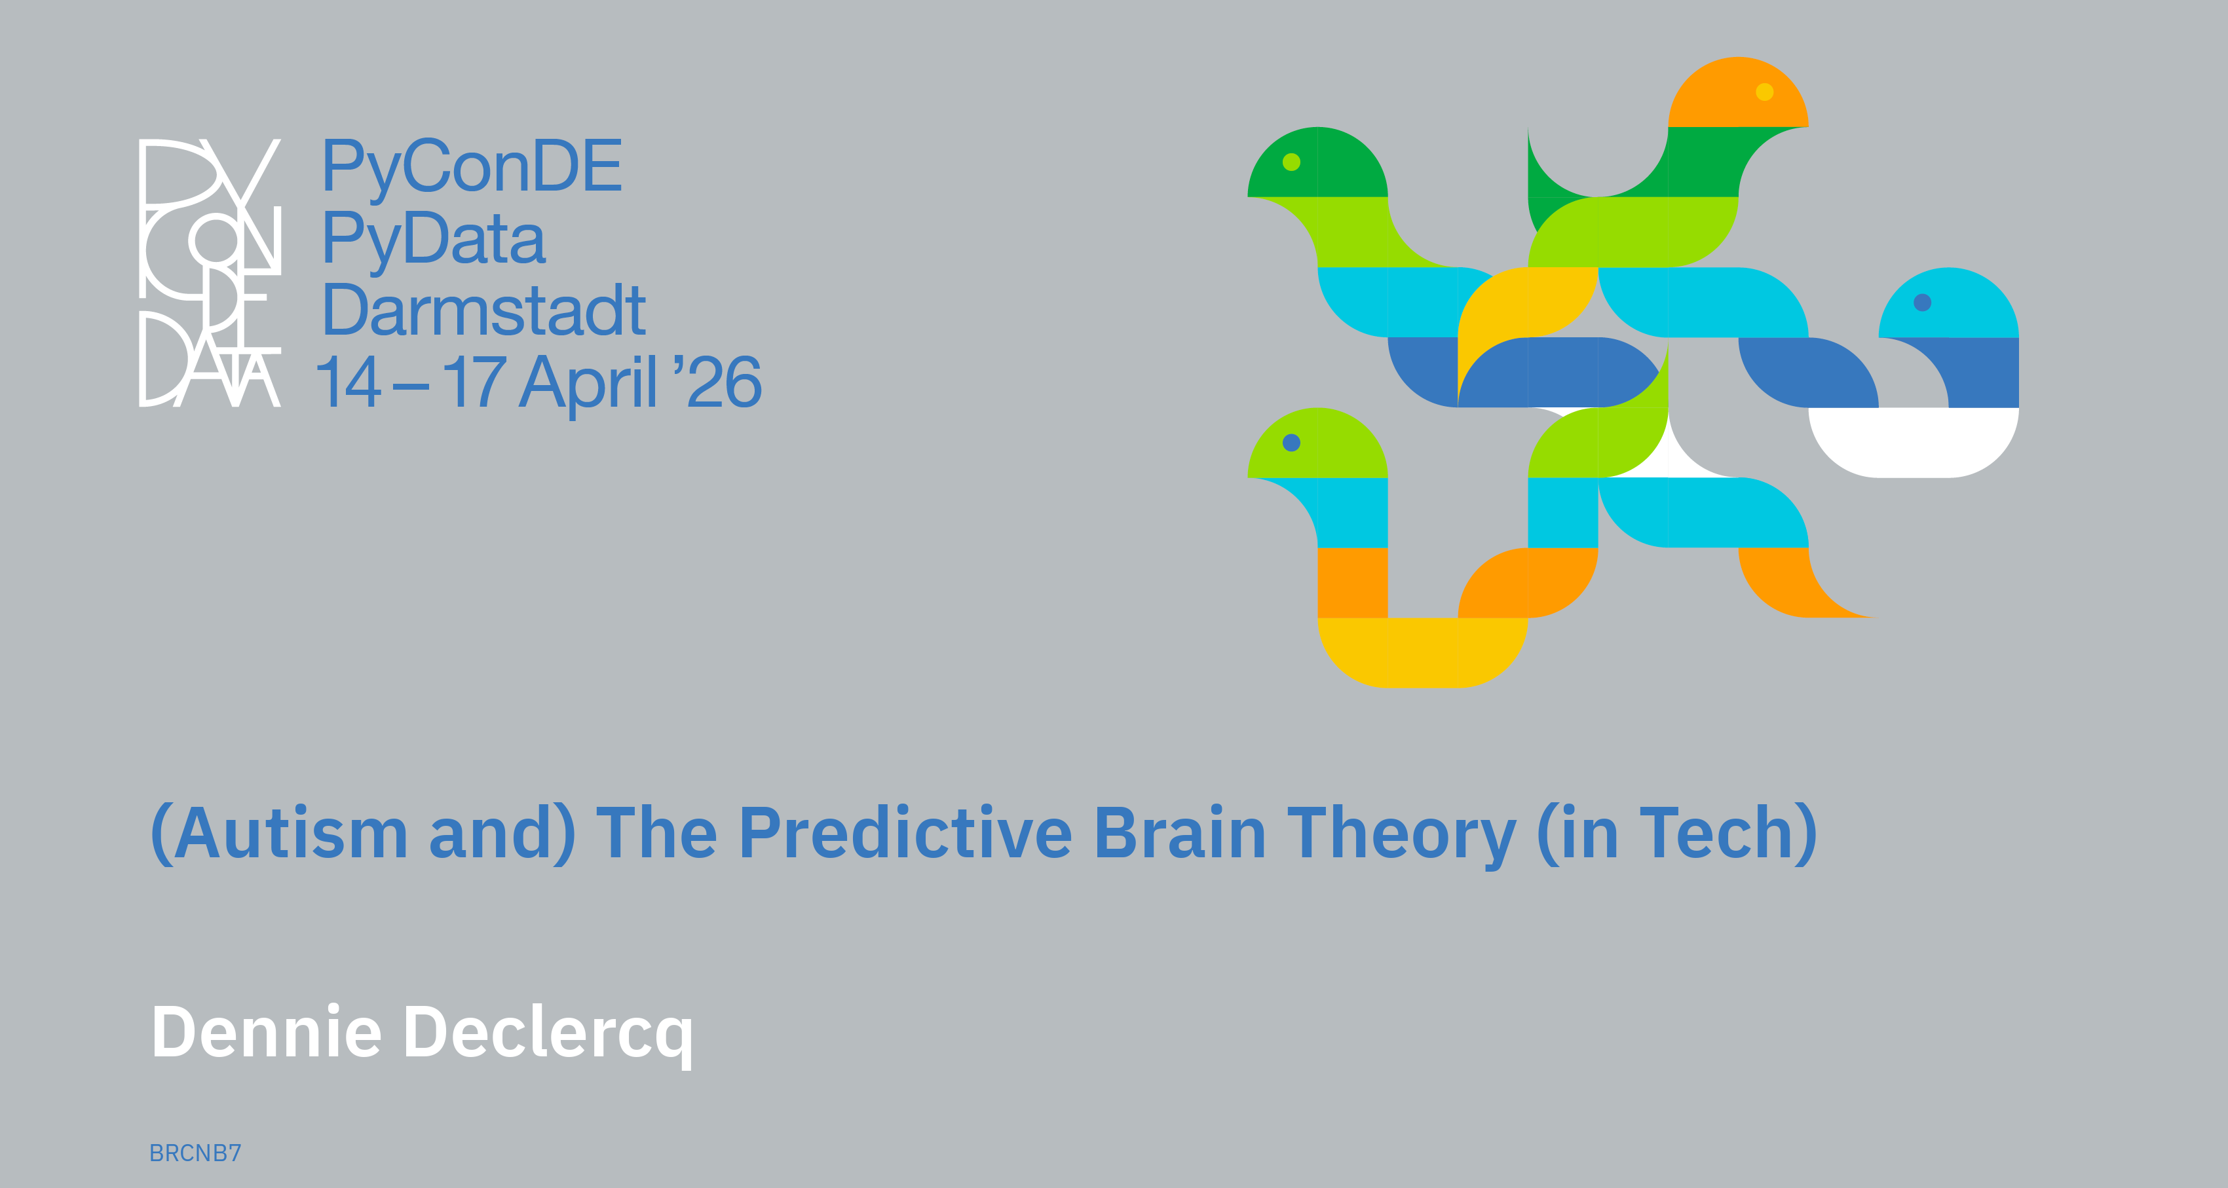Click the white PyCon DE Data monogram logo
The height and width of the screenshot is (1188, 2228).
pyautogui.click(x=210, y=272)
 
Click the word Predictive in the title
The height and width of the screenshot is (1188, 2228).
pyautogui.click(x=905, y=832)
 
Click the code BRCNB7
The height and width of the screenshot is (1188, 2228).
pyautogui.click(x=195, y=1153)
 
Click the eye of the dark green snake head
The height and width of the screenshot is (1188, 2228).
pyautogui.click(x=1291, y=162)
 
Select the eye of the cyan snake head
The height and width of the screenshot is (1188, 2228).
pyautogui.click(x=1923, y=303)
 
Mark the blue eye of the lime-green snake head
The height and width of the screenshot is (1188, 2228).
pyautogui.click(x=1291, y=443)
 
